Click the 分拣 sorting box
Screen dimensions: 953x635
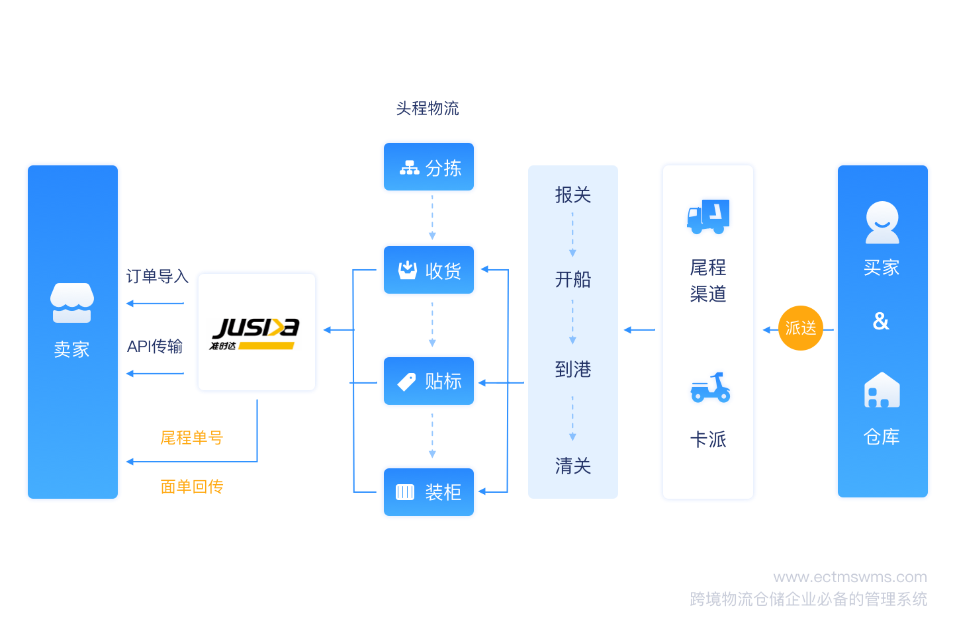(x=428, y=167)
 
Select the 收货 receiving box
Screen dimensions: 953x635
(x=428, y=270)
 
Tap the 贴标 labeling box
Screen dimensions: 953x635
(x=428, y=380)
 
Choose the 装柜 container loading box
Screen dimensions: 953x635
(x=428, y=492)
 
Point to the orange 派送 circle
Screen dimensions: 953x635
(x=800, y=328)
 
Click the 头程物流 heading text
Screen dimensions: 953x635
(x=427, y=108)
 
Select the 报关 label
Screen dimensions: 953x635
(x=572, y=194)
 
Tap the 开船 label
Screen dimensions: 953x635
(x=572, y=279)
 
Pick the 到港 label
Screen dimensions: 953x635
(x=572, y=368)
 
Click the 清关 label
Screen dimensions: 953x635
(x=572, y=465)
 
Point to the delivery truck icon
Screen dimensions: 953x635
(x=708, y=216)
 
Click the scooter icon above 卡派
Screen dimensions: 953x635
(x=709, y=388)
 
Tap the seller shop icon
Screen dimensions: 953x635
(x=72, y=303)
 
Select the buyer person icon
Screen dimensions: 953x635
(x=882, y=222)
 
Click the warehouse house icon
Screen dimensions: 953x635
(x=882, y=390)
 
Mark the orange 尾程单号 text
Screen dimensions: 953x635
(x=191, y=437)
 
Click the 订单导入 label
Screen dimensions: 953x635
(x=158, y=276)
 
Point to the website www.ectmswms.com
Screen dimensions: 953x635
(x=850, y=577)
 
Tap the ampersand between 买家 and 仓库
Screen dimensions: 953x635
(x=881, y=321)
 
